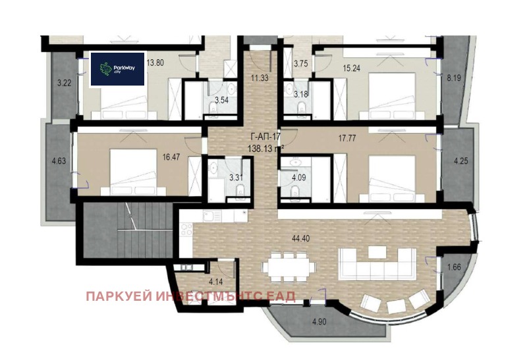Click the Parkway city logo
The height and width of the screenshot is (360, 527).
point(117,69)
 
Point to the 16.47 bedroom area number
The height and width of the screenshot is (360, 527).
point(171,157)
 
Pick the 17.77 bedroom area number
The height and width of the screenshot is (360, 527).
point(347,139)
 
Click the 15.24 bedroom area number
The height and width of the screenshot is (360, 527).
point(352,68)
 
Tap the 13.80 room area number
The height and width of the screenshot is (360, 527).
point(155,63)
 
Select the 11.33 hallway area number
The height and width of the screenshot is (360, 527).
point(259,78)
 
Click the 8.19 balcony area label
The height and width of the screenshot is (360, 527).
point(454,78)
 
